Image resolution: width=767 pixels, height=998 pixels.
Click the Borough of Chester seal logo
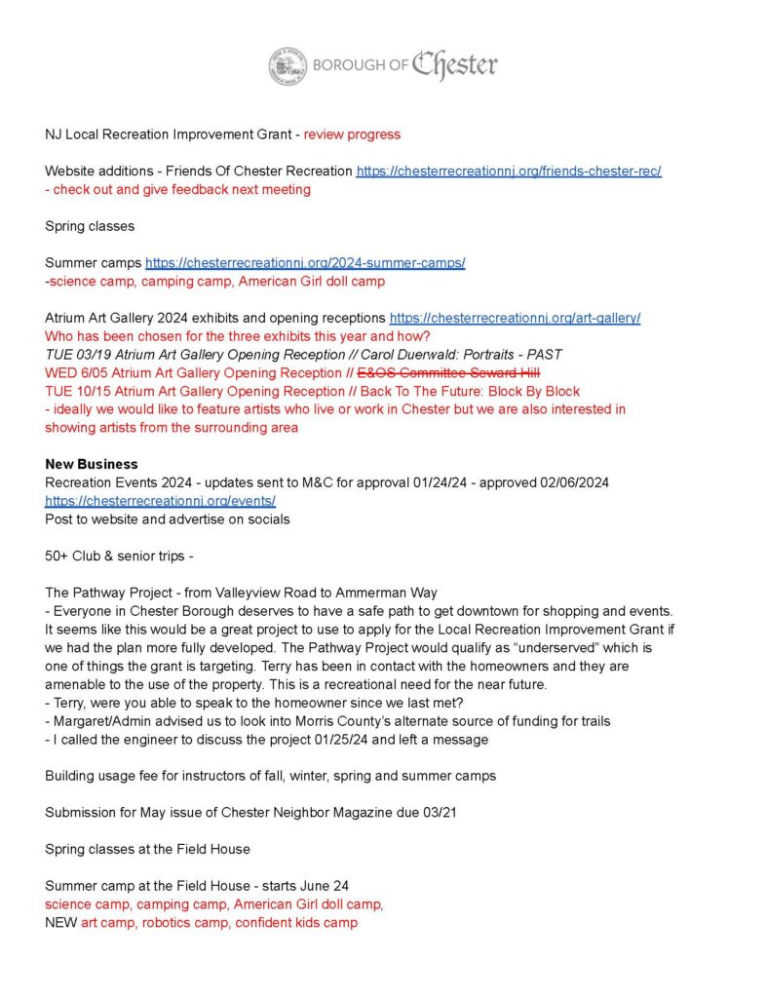[x=288, y=65]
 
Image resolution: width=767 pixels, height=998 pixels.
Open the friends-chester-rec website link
[x=510, y=171]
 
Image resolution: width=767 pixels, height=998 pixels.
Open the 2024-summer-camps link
[x=305, y=263]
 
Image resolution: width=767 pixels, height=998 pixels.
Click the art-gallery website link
[x=515, y=319]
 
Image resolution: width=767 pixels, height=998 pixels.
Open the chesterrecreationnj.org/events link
[x=161, y=501]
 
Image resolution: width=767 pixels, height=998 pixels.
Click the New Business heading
[x=92, y=464]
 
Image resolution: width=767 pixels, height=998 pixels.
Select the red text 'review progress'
[x=352, y=134]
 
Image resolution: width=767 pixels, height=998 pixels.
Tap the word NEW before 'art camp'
[x=60, y=922]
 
